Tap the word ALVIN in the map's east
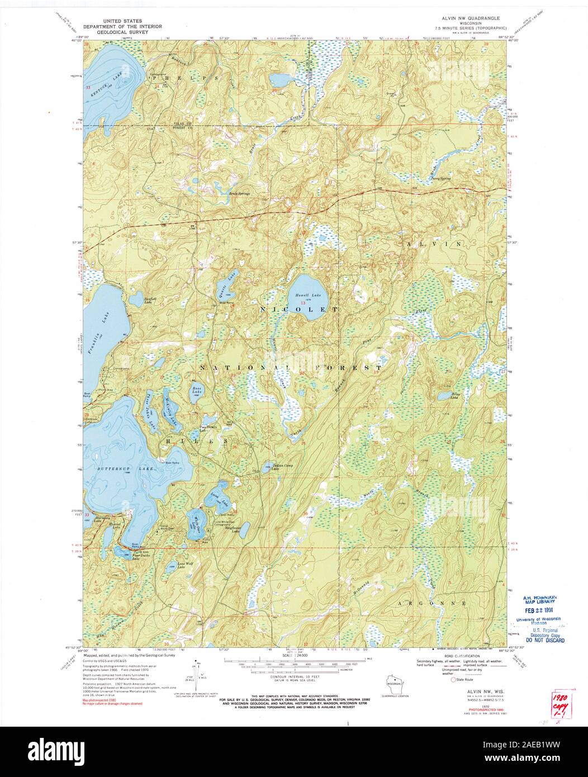[435, 244]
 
